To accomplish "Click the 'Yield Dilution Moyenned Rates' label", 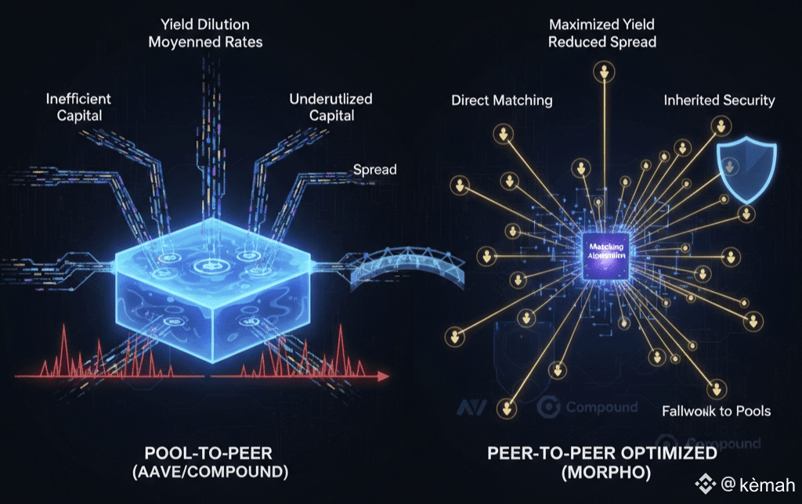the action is [205, 33].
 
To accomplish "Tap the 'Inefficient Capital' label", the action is [78, 107].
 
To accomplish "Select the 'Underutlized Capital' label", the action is [331, 107].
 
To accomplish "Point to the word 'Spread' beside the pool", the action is [374, 170].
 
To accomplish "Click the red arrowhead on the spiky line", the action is [384, 376].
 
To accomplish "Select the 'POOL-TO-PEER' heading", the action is [215, 454].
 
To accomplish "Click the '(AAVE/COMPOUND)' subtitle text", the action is [215, 473].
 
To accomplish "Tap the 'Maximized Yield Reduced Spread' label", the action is [601, 33].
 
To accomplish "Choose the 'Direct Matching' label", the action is [502, 100].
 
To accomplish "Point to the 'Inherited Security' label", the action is [719, 100].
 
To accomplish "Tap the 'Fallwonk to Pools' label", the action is [716, 411].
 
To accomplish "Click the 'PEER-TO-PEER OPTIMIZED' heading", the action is [601, 454].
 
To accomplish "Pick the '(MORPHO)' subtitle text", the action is [601, 473].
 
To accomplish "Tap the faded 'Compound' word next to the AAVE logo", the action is [601, 408].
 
